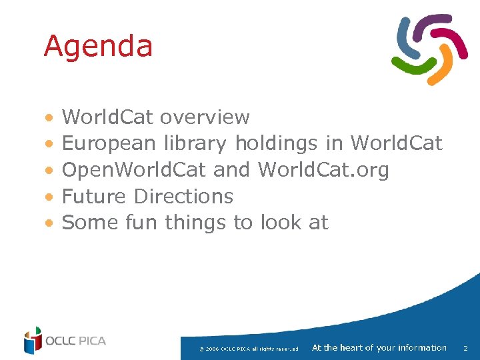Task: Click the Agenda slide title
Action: [x=98, y=47]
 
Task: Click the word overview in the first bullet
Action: [x=205, y=118]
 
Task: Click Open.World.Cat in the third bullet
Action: [x=133, y=170]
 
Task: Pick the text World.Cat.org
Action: [x=323, y=170]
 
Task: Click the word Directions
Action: [x=183, y=196]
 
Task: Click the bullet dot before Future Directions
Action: [x=48, y=197]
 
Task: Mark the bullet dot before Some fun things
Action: [x=48, y=223]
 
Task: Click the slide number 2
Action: [x=465, y=348]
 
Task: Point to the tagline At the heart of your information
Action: [x=379, y=347]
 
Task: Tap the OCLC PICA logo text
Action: [x=75, y=341]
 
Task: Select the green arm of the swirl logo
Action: [x=408, y=64]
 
